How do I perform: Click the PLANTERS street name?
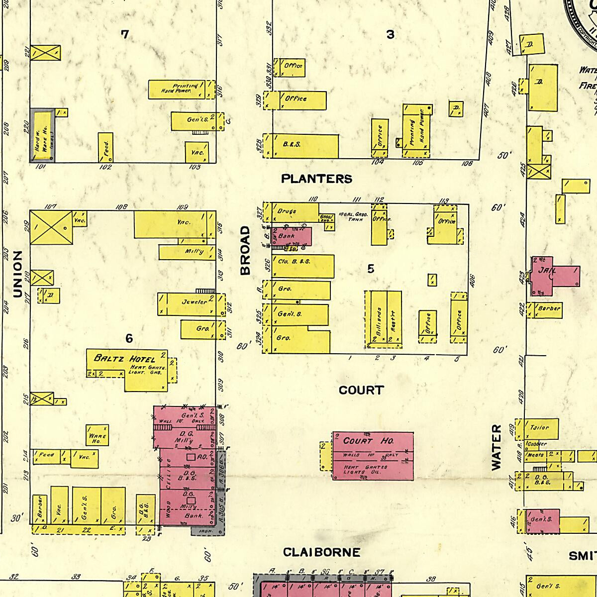pyautogui.click(x=316, y=179)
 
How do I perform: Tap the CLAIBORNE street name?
pyautogui.click(x=321, y=552)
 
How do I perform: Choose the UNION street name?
pyautogui.click(x=18, y=274)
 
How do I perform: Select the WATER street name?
pyautogui.click(x=497, y=447)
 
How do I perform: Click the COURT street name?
pyautogui.click(x=361, y=390)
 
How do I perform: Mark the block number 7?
pyautogui.click(x=125, y=34)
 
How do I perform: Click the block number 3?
pyautogui.click(x=391, y=34)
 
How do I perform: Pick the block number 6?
pyautogui.click(x=129, y=339)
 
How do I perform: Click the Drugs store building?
pyautogui.click(x=294, y=212)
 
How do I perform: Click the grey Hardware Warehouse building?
pyautogui.click(x=42, y=135)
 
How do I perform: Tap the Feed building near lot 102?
pyautogui.click(x=105, y=147)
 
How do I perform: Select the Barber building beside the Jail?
pyautogui.click(x=547, y=309)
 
